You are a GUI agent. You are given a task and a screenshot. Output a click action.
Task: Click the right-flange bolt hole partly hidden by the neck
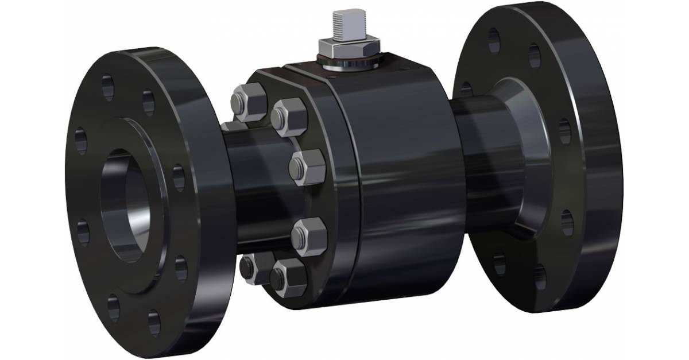pyautogui.click(x=466, y=90)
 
